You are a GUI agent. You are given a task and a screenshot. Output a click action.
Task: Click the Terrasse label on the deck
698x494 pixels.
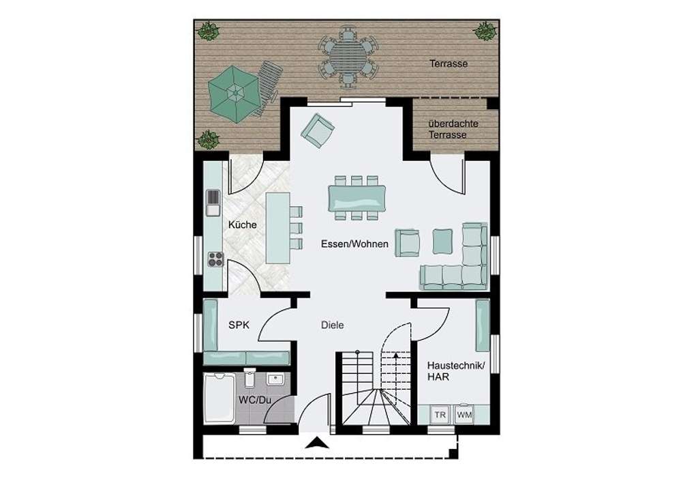click(x=448, y=63)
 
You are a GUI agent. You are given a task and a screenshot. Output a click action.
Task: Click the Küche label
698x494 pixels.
click(x=242, y=224)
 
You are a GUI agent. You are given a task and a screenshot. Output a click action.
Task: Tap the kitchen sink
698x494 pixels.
click(x=213, y=203)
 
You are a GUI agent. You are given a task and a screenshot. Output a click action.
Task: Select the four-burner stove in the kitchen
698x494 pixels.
click(x=215, y=258)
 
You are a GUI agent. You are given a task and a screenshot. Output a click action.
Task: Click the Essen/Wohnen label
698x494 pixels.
click(x=355, y=244)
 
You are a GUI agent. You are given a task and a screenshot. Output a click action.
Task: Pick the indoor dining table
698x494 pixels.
click(x=356, y=198)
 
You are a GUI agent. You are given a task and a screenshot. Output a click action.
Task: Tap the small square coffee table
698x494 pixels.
click(x=442, y=239)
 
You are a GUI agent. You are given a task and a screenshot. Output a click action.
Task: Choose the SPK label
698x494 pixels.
click(x=239, y=325)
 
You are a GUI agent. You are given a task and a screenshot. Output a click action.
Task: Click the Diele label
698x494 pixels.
click(x=332, y=325)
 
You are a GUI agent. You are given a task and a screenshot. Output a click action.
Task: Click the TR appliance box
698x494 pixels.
click(x=440, y=415)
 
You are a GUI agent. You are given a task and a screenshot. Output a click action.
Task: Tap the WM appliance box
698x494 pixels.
click(x=464, y=415)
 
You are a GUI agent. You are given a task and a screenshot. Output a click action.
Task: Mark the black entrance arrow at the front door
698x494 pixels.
click(x=314, y=444)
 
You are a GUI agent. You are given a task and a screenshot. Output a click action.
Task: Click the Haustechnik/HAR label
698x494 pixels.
click(x=455, y=372)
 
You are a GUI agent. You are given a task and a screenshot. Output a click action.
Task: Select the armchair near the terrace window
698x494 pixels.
click(x=318, y=130)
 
